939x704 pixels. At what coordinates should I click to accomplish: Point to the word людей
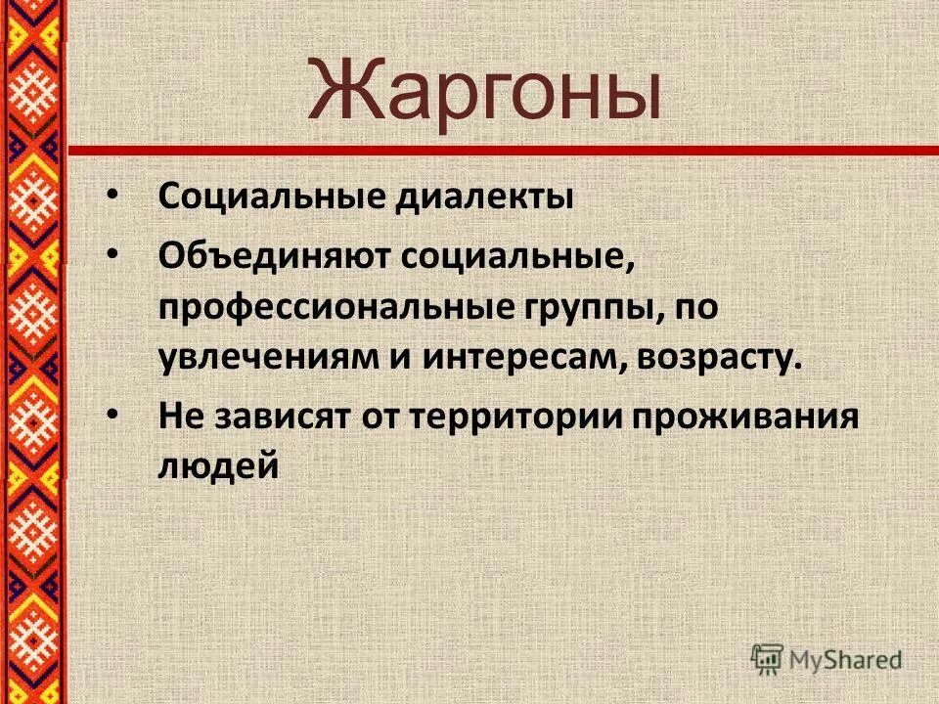click(x=218, y=467)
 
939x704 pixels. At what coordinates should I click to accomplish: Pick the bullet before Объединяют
click(x=113, y=255)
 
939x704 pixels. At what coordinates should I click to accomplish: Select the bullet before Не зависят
click(x=113, y=417)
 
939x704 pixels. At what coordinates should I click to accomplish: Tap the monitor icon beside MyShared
click(x=769, y=658)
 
